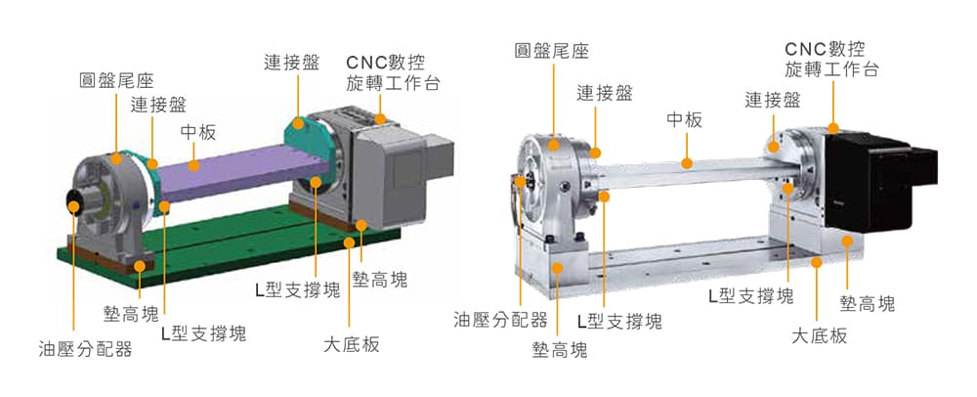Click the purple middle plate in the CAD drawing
point(243,171)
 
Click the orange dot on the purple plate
point(193,166)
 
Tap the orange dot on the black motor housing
point(833,128)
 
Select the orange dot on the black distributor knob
point(73,205)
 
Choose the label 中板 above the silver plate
point(684,119)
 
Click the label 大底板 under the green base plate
point(352,344)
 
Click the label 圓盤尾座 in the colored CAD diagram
point(116,81)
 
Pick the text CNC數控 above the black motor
point(825,49)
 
